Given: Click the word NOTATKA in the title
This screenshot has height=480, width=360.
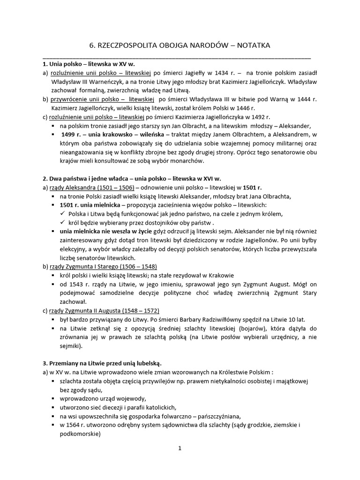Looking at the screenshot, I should (250, 45).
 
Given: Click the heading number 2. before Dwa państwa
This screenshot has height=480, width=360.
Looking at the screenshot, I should (45, 179).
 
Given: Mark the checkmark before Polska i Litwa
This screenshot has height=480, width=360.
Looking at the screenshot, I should (64, 214).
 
